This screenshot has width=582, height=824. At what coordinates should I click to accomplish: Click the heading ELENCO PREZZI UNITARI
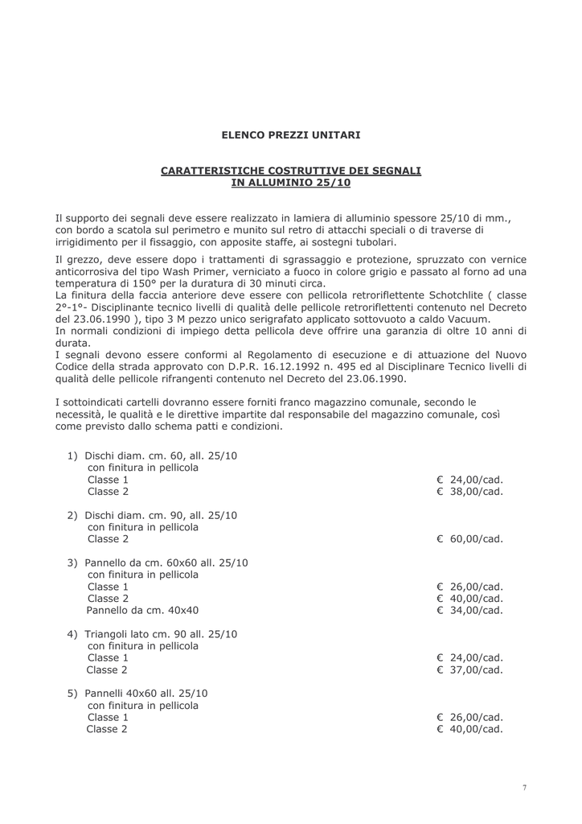(x=291, y=135)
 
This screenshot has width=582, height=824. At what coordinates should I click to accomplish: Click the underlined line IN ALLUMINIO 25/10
(x=291, y=183)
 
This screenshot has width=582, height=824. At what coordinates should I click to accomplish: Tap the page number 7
(x=524, y=788)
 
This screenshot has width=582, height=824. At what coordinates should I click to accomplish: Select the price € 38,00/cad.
(x=470, y=492)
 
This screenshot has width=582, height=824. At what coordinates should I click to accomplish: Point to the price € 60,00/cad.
(x=470, y=539)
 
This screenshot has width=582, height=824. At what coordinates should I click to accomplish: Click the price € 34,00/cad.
(x=470, y=611)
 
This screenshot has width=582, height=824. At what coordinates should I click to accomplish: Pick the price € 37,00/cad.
(x=470, y=669)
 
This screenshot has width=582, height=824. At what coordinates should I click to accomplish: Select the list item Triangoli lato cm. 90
(x=143, y=634)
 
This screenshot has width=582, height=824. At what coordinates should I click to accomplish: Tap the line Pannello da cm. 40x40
(x=142, y=611)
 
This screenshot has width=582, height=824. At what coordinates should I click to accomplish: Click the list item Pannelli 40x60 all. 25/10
(x=146, y=694)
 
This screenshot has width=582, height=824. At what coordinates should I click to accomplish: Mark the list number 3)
(x=72, y=563)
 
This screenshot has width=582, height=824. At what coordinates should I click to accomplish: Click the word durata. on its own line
(x=73, y=342)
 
